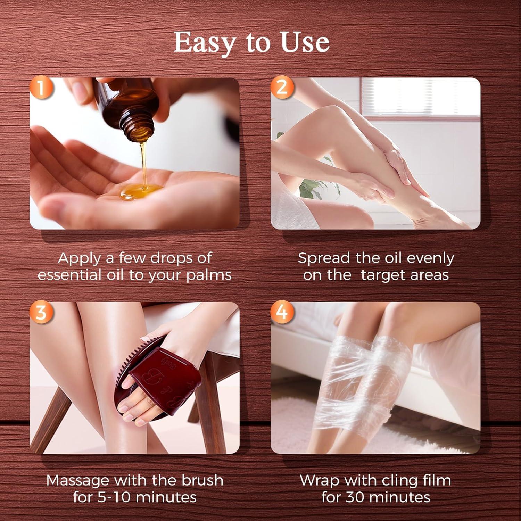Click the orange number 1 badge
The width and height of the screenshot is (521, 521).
click(x=41, y=88)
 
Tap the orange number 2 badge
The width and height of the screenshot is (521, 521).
click(x=282, y=87)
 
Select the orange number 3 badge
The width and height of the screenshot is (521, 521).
click(x=41, y=312)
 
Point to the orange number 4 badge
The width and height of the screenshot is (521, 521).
click(x=282, y=312)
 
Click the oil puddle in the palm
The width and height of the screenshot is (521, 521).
click(x=141, y=191)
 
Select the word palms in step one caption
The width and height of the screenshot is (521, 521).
click(x=208, y=275)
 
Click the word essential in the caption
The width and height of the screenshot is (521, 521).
click(x=66, y=275)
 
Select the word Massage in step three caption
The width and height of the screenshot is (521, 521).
click(x=77, y=480)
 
